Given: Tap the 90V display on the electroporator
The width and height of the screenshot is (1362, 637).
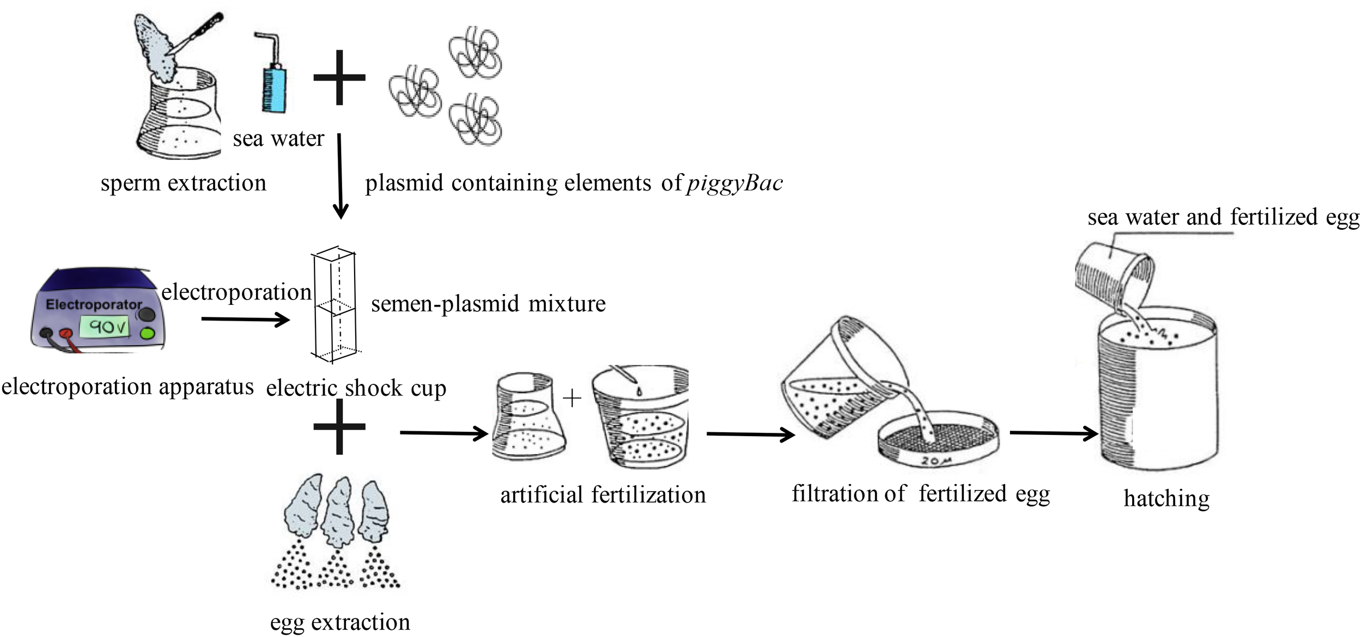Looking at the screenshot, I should coord(107,327).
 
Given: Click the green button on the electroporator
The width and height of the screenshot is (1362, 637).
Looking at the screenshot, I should coord(147,333).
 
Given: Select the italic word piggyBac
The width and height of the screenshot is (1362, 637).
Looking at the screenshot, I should coord(735,183).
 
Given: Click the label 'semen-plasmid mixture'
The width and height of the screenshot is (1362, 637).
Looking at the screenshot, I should coord(488,304).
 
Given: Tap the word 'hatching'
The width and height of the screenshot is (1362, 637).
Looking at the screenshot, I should coord(1166,498).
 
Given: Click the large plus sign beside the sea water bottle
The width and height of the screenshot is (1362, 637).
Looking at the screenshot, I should coord(339,77).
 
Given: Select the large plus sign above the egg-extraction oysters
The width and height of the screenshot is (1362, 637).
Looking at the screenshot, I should coord(339,427).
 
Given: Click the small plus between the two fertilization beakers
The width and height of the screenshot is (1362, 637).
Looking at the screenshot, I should coord(572,399).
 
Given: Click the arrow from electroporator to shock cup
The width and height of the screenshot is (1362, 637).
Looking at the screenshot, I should coord(245,319).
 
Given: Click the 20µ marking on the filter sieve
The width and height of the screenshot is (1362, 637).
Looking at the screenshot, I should coord(935,462).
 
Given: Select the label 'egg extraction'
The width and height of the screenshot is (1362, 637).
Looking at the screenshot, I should coord(340,622).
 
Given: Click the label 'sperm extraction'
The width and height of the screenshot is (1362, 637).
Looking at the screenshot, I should coord(184,183).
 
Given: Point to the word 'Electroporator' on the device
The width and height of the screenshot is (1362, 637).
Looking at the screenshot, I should coord(94,304).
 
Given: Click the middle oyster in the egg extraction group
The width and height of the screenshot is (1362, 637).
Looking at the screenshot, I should coord(337,512).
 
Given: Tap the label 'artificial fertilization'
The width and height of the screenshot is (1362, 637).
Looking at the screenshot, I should coord(603,495).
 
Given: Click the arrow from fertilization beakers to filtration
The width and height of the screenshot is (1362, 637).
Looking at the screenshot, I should coord(750,434).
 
